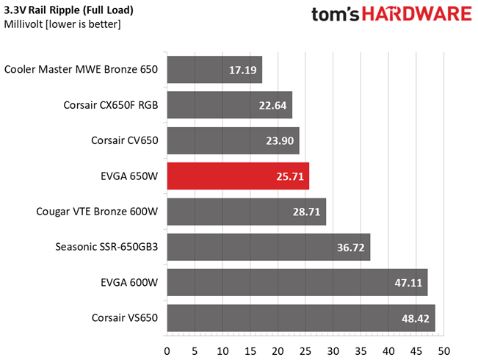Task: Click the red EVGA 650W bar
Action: click(x=238, y=176)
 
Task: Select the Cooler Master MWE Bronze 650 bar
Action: click(x=214, y=70)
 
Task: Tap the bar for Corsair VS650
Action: click(x=301, y=318)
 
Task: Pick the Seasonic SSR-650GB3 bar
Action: click(x=269, y=247)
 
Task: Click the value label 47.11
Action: click(x=408, y=283)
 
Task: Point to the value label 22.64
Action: click(x=272, y=106)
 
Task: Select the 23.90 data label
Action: click(x=280, y=141)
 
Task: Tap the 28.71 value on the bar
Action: click(x=306, y=212)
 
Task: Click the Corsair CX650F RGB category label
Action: click(x=111, y=105)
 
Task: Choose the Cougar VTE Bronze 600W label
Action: click(x=97, y=212)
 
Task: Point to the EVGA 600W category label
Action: click(x=129, y=283)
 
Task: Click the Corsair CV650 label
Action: click(x=125, y=140)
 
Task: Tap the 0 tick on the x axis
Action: click(x=167, y=351)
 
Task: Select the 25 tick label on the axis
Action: click(x=305, y=351)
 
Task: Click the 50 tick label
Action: click(x=443, y=351)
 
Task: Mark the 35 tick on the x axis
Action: click(x=361, y=351)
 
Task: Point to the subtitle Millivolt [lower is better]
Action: click(x=62, y=24)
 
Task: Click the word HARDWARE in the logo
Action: click(x=417, y=14)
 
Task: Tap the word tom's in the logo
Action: click(x=336, y=15)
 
